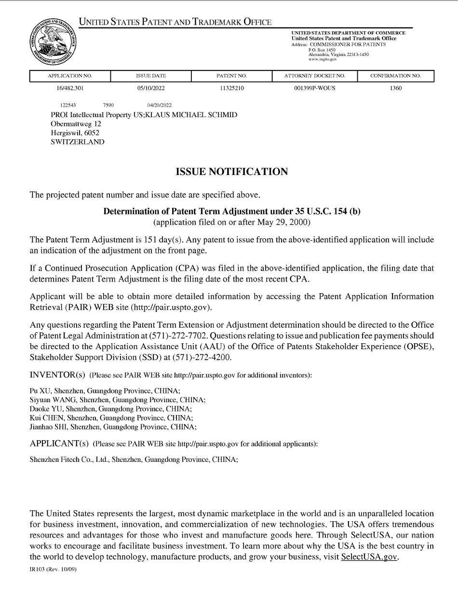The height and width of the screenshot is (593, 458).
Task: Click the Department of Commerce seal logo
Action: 51,42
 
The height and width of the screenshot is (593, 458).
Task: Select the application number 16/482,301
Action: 70,89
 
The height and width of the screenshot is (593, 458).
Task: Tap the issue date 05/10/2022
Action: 151,89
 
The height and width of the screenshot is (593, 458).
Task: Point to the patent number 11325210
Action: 231,89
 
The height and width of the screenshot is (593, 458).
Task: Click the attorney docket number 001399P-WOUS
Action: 314,89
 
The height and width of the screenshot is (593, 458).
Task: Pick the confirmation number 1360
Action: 395,89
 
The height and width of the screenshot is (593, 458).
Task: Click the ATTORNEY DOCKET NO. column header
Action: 314,76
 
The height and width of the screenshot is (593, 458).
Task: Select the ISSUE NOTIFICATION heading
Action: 231,172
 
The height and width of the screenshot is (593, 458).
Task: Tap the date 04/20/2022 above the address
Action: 159,105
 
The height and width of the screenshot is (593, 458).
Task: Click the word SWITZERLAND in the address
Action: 77,142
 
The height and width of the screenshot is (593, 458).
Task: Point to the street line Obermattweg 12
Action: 76,124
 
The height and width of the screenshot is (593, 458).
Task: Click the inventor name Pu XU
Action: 40,391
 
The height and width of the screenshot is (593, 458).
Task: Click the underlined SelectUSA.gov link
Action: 370,556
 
